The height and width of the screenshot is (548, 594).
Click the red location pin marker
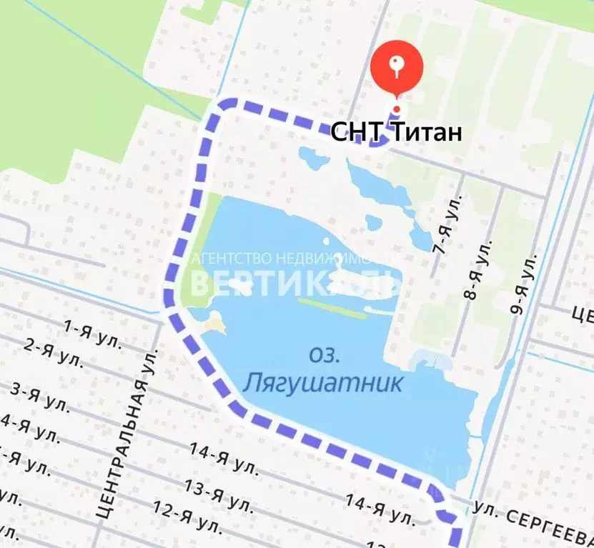tap(397, 69)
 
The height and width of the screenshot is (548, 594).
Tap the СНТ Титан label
tap(396, 132)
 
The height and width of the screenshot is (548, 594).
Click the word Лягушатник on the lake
tap(323, 383)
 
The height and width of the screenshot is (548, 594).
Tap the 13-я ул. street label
tap(218, 494)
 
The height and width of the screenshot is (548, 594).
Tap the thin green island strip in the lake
tap(332, 308)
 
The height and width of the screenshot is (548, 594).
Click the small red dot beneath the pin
tap(397, 109)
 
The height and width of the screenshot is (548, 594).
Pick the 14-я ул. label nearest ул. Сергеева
tap(379, 508)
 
